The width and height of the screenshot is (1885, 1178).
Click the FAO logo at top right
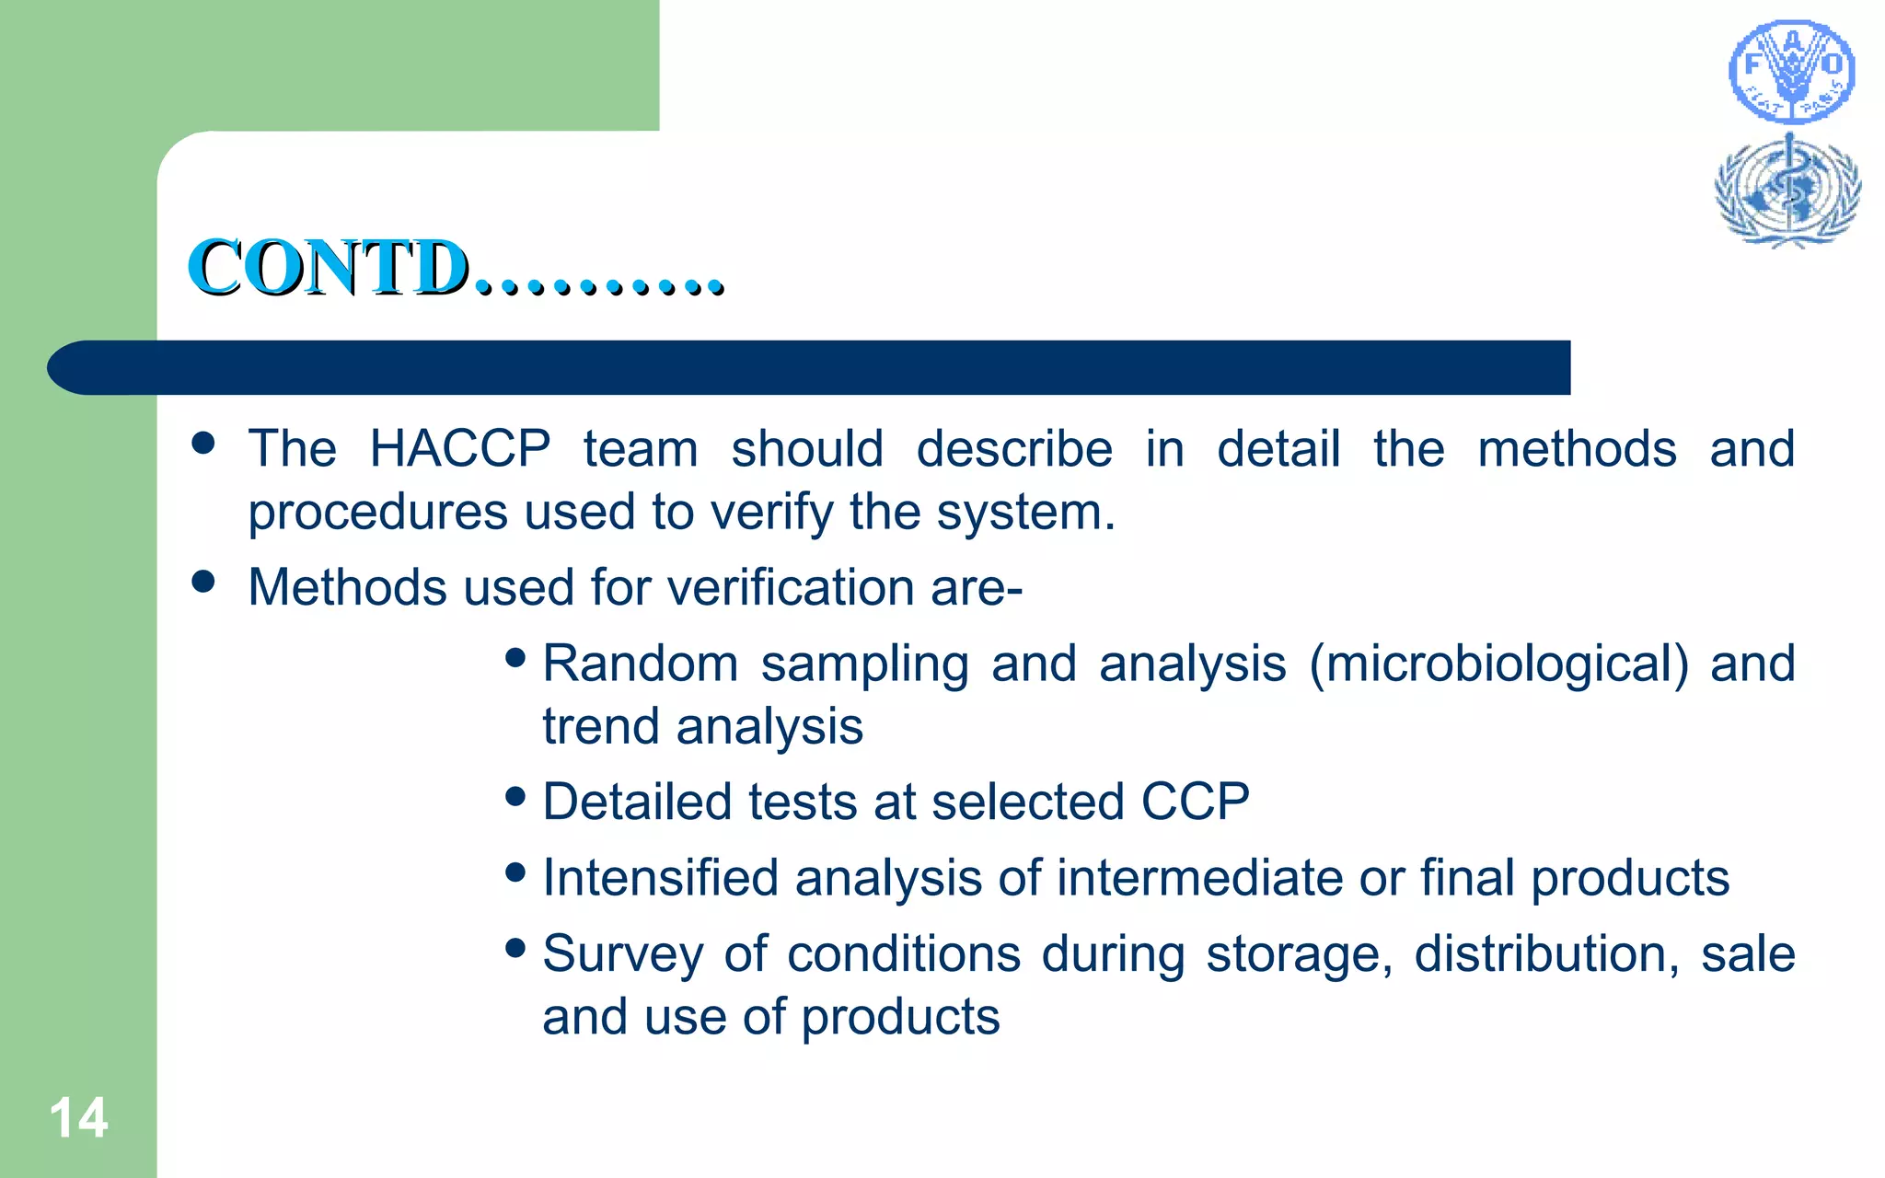coord(1791,73)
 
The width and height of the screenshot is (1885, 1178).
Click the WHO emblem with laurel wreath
coord(1787,191)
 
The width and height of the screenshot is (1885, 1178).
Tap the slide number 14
coord(78,1119)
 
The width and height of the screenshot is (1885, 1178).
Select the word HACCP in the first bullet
coord(459,449)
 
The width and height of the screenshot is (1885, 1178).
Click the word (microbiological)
coord(1498,664)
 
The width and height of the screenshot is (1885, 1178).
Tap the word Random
coord(641,664)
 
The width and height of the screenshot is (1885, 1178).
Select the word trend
coord(600,726)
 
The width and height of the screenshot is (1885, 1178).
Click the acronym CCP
coord(1195,802)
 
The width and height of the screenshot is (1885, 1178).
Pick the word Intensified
coord(660,877)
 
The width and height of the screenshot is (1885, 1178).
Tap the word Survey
coord(623,953)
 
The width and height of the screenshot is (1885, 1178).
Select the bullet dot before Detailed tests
coord(515,795)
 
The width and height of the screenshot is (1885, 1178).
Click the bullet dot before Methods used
coord(203,581)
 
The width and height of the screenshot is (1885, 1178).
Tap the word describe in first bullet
coord(1014,449)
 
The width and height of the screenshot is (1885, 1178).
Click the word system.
coord(1025,512)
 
